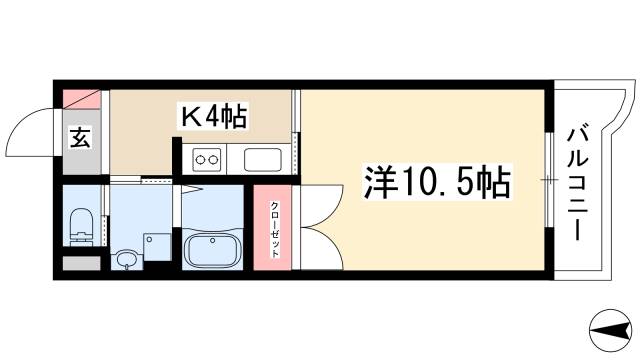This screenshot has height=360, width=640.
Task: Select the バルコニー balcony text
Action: point(577,179)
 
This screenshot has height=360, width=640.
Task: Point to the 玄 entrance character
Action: point(79,139)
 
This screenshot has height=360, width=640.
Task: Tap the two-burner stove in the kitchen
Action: point(208,158)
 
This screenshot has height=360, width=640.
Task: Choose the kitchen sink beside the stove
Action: point(263,159)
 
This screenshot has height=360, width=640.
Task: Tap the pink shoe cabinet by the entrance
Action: point(82,100)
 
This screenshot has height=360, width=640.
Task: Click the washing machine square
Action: point(155,246)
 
